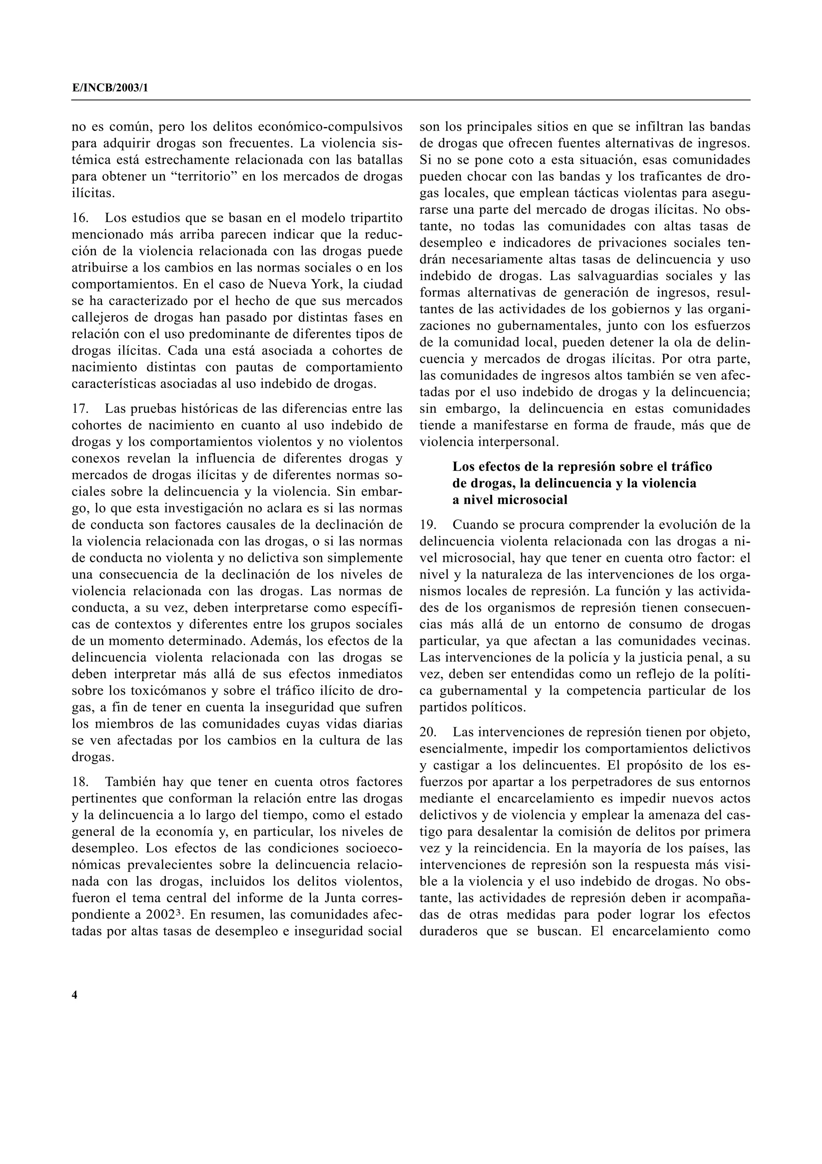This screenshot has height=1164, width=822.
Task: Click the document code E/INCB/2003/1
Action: coord(110,88)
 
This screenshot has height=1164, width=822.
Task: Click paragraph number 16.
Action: coord(79,218)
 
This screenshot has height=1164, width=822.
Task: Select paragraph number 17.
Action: coord(79,408)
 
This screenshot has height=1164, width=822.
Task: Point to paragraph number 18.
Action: coord(79,782)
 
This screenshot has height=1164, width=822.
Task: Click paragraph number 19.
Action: coord(427,524)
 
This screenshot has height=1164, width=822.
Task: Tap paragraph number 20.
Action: coord(427,732)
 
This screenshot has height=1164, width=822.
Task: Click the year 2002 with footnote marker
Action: coord(159,915)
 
